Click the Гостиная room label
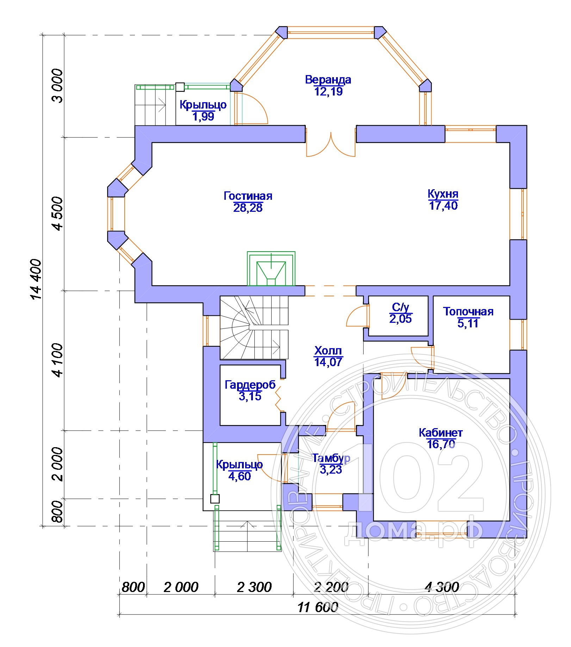tap(248, 196)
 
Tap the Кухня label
tap(443, 194)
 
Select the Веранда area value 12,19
tap(328, 92)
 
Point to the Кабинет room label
tap(441, 432)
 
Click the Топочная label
tap(468, 312)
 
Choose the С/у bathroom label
tap(401, 307)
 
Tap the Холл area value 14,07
tap(328, 362)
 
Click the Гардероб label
tap(250, 384)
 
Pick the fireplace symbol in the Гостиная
tap(271, 269)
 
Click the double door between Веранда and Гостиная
tap(331, 143)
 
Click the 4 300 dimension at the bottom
tap(442, 587)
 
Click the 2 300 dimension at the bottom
tap(254, 587)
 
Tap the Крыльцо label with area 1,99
tap(203, 105)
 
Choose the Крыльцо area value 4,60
tap(240, 476)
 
